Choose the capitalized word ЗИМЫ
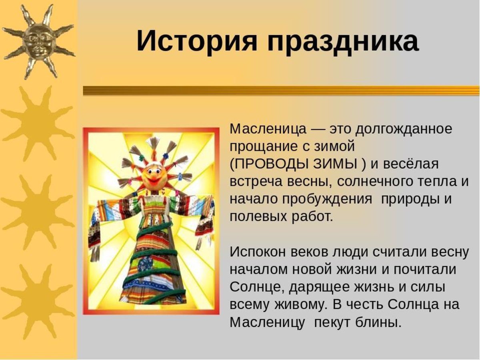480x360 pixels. [x=335, y=164]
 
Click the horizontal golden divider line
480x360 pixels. [x=281, y=91]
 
